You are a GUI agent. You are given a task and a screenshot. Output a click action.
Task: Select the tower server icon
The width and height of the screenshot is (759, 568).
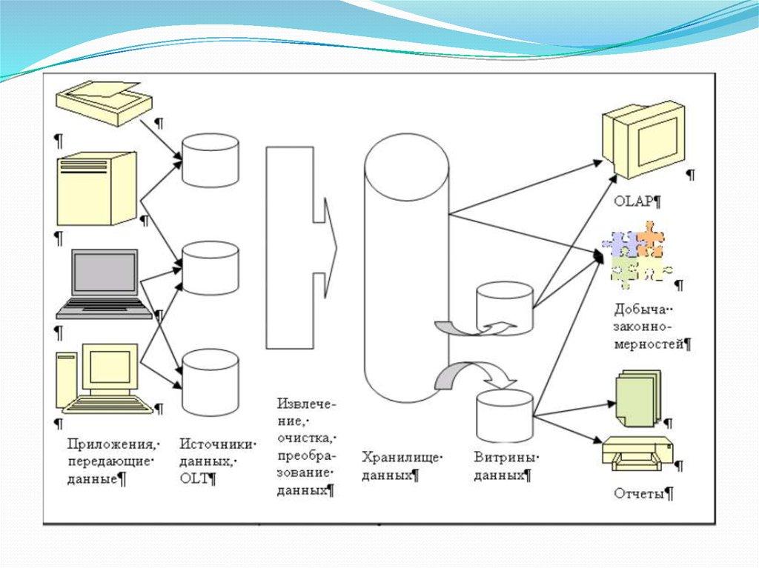pyautogui.click(x=97, y=188)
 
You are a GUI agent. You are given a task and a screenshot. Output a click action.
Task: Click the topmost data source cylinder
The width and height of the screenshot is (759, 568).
pyautogui.click(x=211, y=159)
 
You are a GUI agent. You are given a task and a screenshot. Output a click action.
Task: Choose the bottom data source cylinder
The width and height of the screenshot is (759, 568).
pyautogui.click(x=211, y=381)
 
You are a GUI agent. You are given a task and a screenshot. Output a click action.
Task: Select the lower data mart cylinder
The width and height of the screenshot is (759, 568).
pyautogui.click(x=505, y=416)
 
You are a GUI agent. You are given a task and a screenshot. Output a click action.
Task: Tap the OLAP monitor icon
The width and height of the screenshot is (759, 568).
pyautogui.click(x=641, y=141)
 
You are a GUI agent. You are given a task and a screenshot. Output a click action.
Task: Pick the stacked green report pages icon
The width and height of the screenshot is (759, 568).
pyautogui.click(x=635, y=399)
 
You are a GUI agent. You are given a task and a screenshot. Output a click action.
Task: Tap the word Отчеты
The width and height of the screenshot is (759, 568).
pyautogui.click(x=639, y=494)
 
